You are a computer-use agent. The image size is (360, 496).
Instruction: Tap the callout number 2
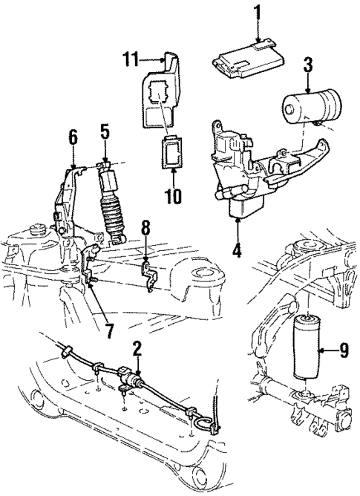click(x=137, y=348)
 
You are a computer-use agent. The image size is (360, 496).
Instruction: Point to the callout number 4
click(x=237, y=250)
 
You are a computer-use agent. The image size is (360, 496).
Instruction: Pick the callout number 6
click(x=73, y=137)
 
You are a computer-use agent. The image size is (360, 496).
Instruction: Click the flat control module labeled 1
click(x=249, y=57)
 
